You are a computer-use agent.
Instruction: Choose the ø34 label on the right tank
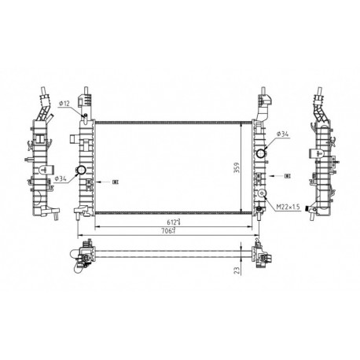coord(281,135)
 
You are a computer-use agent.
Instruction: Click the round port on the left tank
coord(80,171)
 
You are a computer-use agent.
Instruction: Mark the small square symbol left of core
coord(116,182)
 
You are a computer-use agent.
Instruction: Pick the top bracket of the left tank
coord(88,101)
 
